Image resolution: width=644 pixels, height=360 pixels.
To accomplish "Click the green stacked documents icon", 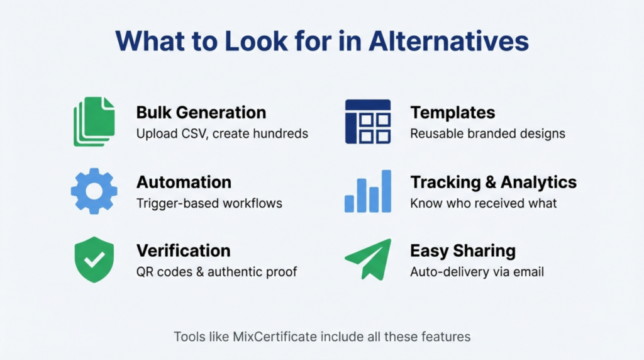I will click(x=94, y=121).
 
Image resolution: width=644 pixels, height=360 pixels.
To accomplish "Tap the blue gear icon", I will click(x=94, y=191).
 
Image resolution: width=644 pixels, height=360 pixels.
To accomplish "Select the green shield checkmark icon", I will click(x=94, y=259).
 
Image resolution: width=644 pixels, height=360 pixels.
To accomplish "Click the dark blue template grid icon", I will click(x=368, y=121).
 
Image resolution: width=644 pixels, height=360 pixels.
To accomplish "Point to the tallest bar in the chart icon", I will click(x=386, y=191).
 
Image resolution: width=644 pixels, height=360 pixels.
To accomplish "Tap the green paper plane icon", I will click(x=368, y=258).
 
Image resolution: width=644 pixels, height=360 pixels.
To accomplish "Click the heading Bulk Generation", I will click(x=201, y=113).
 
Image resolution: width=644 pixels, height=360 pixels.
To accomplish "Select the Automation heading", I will click(x=184, y=182).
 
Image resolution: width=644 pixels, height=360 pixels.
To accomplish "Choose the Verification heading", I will click(x=183, y=250).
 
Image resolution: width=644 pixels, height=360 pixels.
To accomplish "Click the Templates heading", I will click(x=452, y=113).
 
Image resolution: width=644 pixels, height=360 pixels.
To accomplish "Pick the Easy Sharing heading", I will click(x=462, y=250).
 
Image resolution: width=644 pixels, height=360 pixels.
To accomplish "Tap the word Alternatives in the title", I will click(x=448, y=40).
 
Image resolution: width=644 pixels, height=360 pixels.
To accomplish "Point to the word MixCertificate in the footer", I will click(x=275, y=337).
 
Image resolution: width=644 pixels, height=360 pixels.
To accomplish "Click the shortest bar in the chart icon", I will click(x=350, y=203).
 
